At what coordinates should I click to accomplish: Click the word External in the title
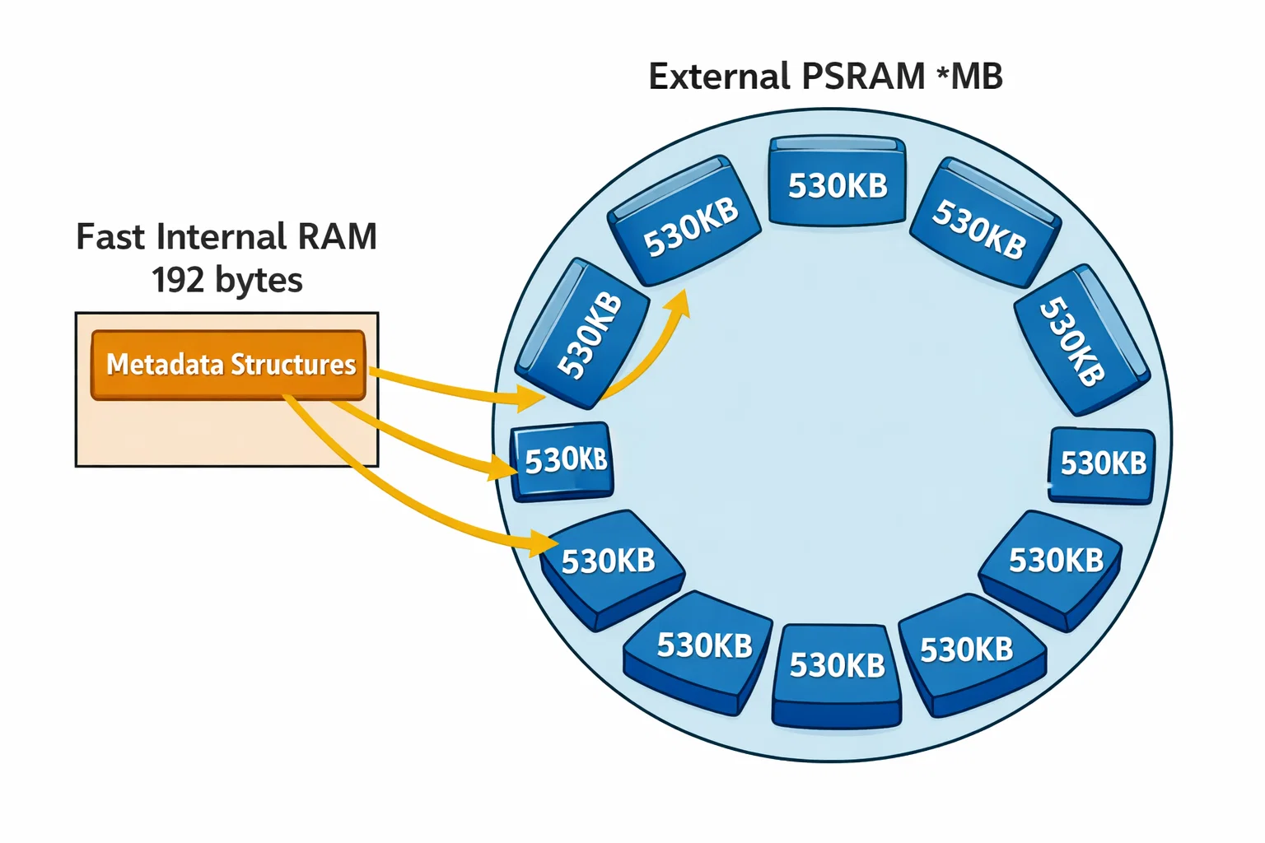coord(718,77)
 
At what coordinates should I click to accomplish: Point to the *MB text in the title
coord(969,77)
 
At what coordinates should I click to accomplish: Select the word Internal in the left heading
coord(222,237)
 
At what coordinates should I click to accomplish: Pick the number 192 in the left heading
coord(177,281)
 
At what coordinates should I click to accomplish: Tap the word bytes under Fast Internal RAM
coord(259,281)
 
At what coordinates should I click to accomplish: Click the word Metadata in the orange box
coord(165,364)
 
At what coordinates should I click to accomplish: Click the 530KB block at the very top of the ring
coord(838,184)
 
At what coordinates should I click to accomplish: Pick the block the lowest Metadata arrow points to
coord(610,566)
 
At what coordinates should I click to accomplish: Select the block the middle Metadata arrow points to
coord(564,460)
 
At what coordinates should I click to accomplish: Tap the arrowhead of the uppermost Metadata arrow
coord(534,398)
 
